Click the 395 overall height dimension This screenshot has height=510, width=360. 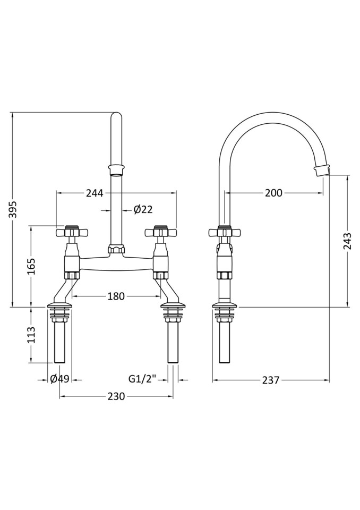[13, 209]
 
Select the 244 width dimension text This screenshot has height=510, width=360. [94, 193]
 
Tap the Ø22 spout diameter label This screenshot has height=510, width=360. [143, 209]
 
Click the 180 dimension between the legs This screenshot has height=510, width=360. [115, 296]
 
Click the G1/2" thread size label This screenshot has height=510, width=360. [142, 379]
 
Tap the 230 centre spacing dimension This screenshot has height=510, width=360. [116, 396]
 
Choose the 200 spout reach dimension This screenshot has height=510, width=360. [273, 193]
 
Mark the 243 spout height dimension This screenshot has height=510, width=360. [347, 241]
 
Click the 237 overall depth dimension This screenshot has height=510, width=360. [270, 380]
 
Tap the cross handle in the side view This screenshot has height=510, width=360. [225, 232]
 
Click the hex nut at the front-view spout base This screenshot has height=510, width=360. [116, 249]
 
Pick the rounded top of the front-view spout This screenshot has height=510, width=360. [116, 117]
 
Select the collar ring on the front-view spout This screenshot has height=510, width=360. [116, 169]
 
